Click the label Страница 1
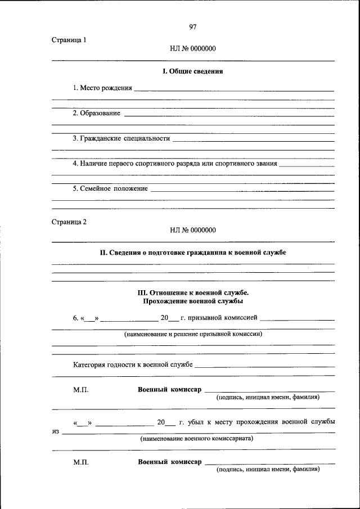[69, 40]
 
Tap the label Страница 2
[69, 222]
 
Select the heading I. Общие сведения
[193, 71]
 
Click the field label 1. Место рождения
[102, 88]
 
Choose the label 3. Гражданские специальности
[121, 138]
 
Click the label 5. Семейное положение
[110, 188]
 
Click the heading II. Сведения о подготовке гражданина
[193, 253]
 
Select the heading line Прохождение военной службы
[193, 301]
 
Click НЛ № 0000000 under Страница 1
[193, 49]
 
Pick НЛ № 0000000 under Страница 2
[193, 230]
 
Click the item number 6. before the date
[76, 318]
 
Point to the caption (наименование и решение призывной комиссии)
[193, 334]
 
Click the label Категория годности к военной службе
[133, 364]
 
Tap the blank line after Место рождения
[234, 90]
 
